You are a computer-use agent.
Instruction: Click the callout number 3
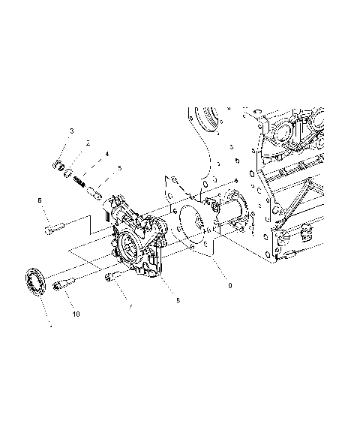tap(71, 131)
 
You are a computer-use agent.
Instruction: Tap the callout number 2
tap(88, 142)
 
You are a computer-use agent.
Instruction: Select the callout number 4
tap(106, 155)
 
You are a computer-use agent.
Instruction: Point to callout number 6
tap(40, 200)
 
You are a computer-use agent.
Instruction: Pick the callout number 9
tap(219, 285)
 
